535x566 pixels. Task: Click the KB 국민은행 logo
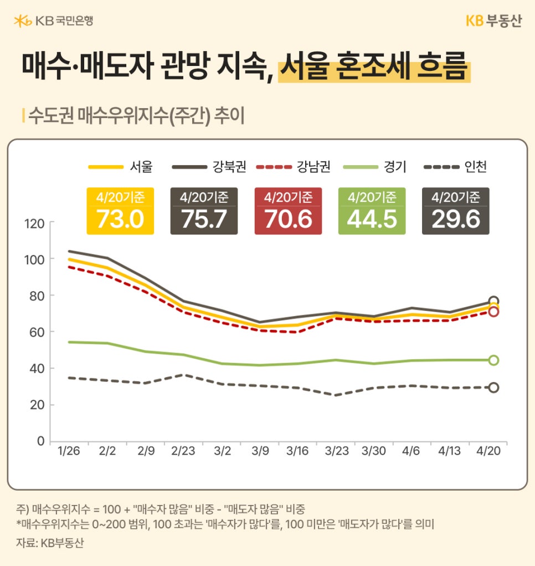[53, 21]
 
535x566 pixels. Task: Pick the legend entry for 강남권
[293, 166]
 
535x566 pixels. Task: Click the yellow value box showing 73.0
[120, 211]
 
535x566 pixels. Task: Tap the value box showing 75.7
[204, 211]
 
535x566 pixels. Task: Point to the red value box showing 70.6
[288, 211]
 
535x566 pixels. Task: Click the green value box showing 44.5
[372, 211]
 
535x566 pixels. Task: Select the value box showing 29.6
[455, 211]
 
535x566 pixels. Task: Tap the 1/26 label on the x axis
[69, 451]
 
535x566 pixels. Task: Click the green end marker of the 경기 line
[493, 360]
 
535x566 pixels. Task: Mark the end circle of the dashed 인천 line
[493, 387]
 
